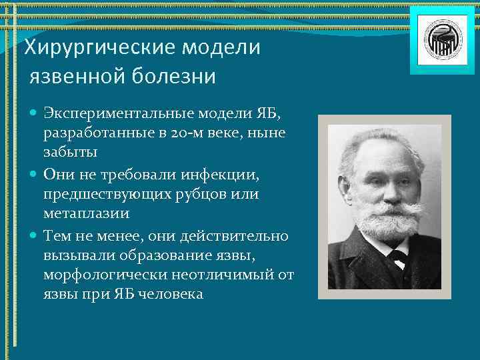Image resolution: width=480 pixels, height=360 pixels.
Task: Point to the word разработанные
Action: tap(90, 133)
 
